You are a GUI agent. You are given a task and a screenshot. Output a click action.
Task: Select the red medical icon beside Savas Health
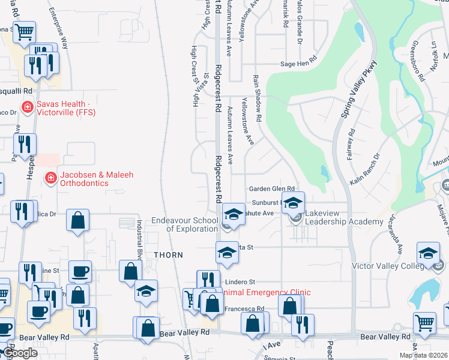pyautogui.click(x=27, y=107)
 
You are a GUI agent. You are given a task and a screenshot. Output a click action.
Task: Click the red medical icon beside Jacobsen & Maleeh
pyautogui.click(x=51, y=178)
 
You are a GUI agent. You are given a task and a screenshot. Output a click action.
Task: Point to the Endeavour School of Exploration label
pyautogui.click(x=184, y=224)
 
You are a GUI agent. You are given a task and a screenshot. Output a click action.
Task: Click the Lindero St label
pyautogui.click(x=241, y=281)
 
